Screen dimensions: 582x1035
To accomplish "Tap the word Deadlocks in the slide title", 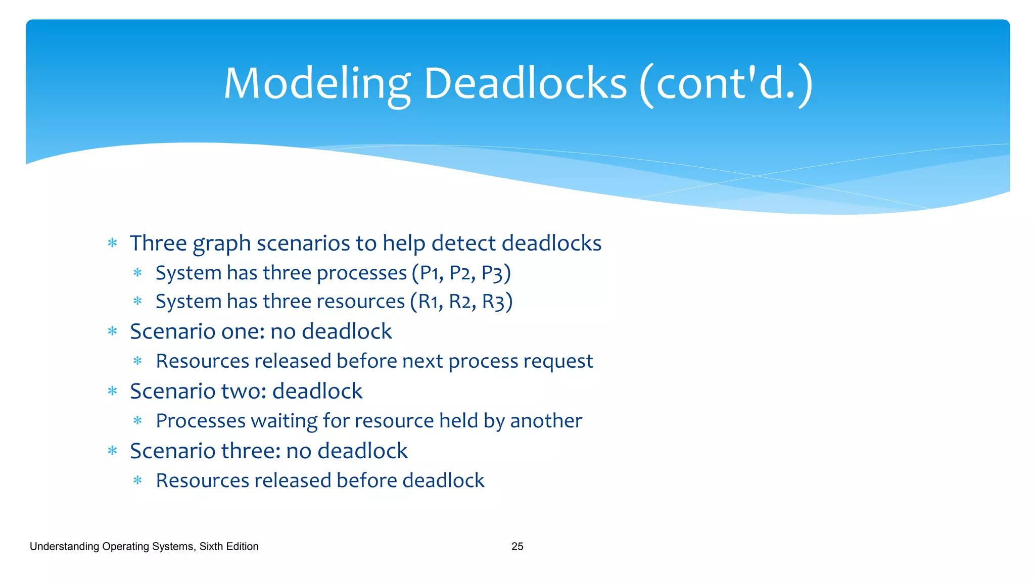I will coord(525,83).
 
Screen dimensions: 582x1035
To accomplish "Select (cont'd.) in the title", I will coord(726,83).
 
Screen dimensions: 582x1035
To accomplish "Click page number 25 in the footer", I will coord(517,546).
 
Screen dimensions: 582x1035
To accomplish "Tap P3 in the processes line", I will coord(492,273).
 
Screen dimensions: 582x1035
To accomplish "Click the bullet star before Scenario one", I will coord(112,331).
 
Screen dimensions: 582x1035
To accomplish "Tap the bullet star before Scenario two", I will coord(112,391).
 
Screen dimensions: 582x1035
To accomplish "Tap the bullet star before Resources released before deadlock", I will coord(137,480).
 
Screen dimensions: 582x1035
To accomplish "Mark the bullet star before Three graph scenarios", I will coord(112,243).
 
